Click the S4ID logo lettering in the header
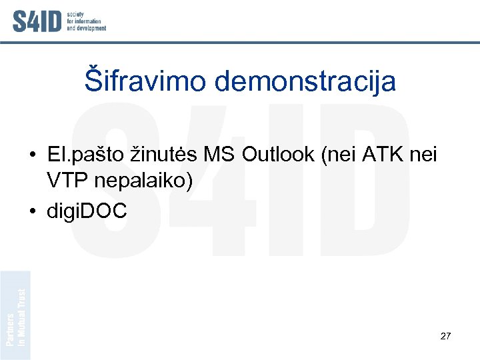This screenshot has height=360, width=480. pyautogui.click(x=37, y=21)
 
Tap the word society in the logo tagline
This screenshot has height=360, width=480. pyautogui.click(x=75, y=13)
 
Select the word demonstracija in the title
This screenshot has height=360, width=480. pyautogui.click(x=305, y=81)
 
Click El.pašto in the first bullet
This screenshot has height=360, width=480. pyautogui.click(x=84, y=156)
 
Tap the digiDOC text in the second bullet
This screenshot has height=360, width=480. pyautogui.click(x=87, y=211)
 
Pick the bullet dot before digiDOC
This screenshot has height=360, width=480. pyautogui.click(x=32, y=212)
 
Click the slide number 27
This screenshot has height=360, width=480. pyautogui.click(x=446, y=336)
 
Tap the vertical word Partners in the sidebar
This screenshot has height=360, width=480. pyautogui.click(x=10, y=329)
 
